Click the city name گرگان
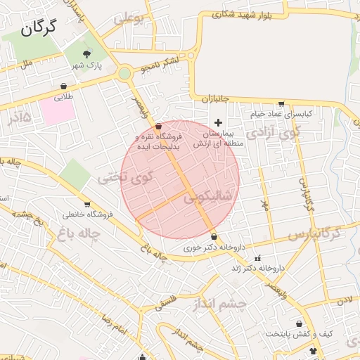pyautogui.click(x=39, y=28)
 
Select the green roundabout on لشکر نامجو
pyautogui.click(x=124, y=72)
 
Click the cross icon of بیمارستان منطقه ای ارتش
pyautogui.click(x=218, y=122)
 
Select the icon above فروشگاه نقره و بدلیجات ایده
pyautogui.click(x=158, y=124)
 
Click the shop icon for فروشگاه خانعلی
pyautogui.click(x=87, y=204)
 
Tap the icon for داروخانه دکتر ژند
pyautogui.click(x=257, y=258)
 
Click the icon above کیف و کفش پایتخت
pyautogui.click(x=300, y=324)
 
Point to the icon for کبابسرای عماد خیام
pyautogui.click(x=282, y=103)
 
